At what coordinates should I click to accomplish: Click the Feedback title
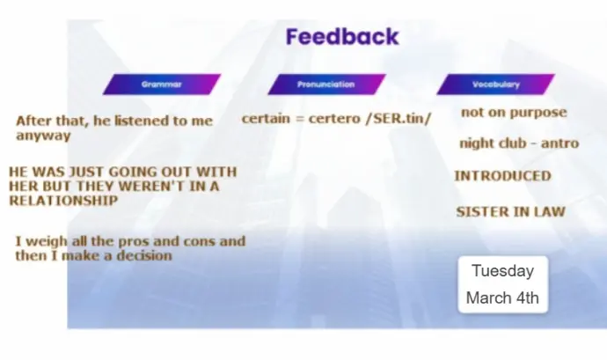[x=342, y=37]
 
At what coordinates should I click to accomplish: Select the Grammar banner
[x=162, y=84]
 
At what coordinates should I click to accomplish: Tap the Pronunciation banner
[x=326, y=84]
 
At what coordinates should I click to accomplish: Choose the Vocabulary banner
[x=496, y=84]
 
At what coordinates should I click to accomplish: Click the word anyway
[x=43, y=136]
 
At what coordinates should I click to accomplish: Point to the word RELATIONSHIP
[x=63, y=201]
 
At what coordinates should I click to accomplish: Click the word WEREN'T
[x=150, y=187]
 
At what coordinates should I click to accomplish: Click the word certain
[x=266, y=119]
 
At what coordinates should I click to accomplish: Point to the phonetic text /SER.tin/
[x=399, y=119]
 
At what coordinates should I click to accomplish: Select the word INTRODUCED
[x=502, y=176]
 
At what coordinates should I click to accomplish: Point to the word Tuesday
[x=503, y=270]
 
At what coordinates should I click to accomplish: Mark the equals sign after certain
[x=299, y=119]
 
